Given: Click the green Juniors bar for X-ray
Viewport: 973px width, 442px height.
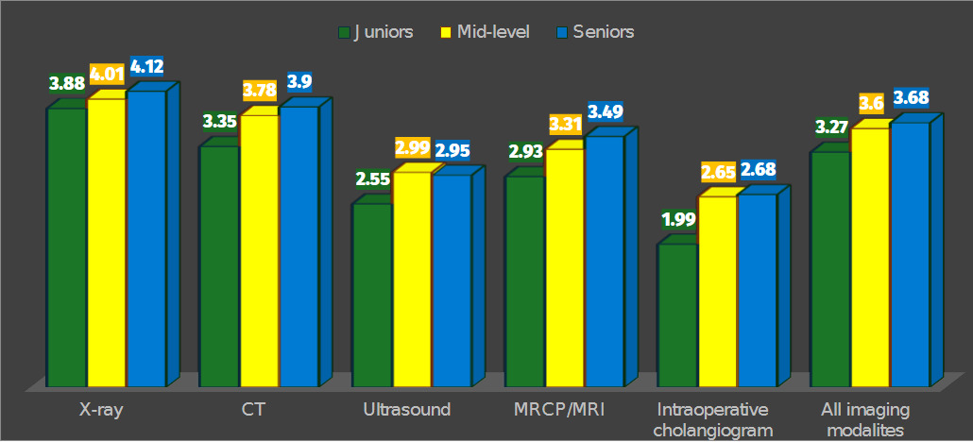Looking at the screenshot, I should (x=67, y=246).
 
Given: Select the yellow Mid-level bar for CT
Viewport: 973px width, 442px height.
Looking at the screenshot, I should (x=259, y=250).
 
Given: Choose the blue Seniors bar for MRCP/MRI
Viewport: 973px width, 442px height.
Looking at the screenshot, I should (x=605, y=261).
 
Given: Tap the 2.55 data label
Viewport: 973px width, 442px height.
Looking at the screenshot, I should (x=372, y=178).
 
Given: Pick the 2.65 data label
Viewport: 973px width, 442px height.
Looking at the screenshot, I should (x=719, y=172).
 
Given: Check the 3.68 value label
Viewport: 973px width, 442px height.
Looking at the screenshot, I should (x=911, y=97).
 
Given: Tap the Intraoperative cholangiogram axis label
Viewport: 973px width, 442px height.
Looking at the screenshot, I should (x=712, y=419).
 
